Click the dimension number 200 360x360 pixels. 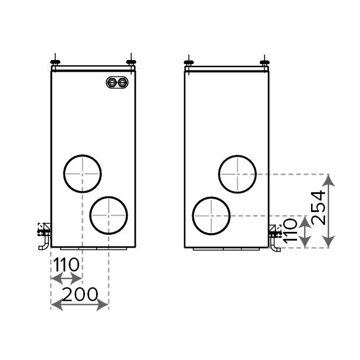click(x=80, y=294)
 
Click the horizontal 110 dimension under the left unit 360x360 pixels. click(x=66, y=264)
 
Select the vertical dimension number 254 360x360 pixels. click(x=319, y=208)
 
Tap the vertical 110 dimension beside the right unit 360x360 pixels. click(x=290, y=231)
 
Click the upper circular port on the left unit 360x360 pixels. click(x=82, y=155)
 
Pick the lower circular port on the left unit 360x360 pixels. click(x=108, y=197)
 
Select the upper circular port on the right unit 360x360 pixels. click(x=238, y=156)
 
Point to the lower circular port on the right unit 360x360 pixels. click(x=211, y=197)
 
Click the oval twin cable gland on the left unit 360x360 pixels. click(x=117, y=82)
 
